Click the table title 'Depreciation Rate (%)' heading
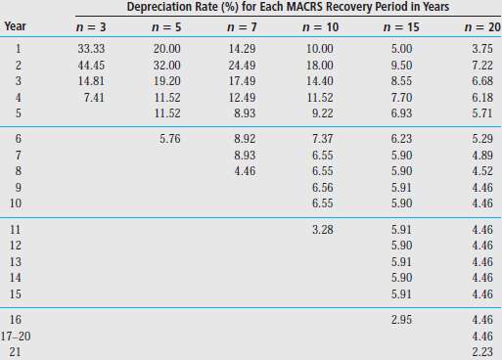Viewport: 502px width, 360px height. tap(288, 8)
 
